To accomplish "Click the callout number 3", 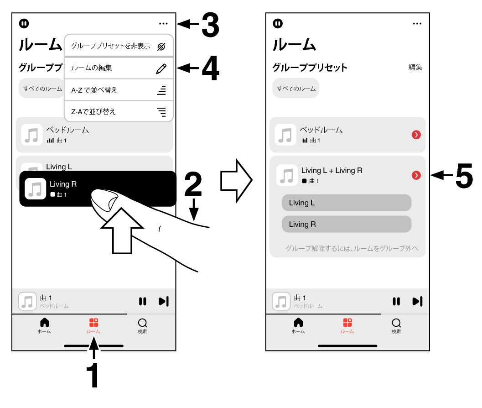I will (210, 25).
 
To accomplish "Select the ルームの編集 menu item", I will (119, 68).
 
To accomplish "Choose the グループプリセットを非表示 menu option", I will (119, 46).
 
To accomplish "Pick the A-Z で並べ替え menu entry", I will (119, 90).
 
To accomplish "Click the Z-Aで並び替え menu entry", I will (119, 111).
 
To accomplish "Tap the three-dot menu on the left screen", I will (163, 23).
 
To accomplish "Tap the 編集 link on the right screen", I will (415, 68).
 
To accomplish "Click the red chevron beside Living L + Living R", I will (416, 175).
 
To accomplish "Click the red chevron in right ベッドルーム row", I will (416, 135).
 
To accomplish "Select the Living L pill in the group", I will (347, 203).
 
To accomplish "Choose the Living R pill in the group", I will (347, 224).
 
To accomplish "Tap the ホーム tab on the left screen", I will (44, 325).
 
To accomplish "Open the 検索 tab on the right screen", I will (396, 325).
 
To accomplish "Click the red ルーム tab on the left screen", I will (93, 325).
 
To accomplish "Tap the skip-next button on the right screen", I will (417, 301).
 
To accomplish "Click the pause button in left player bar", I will (142, 301).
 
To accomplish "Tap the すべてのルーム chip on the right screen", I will (296, 88).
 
